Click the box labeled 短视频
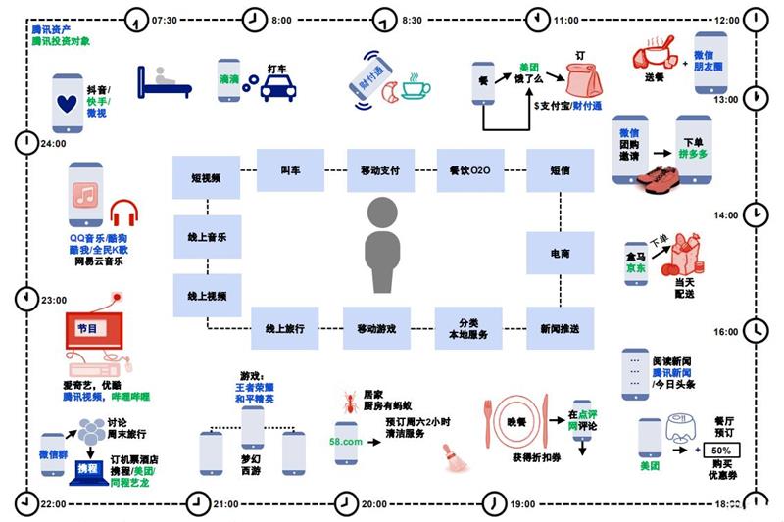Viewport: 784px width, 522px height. (x=207, y=178)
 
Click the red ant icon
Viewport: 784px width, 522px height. (x=344, y=400)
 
